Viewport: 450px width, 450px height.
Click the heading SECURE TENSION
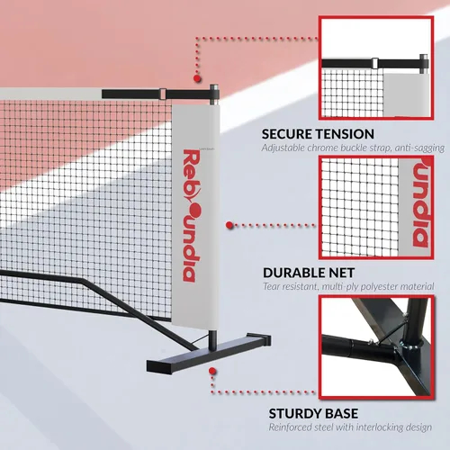(318, 134)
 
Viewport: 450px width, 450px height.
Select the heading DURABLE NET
(309, 273)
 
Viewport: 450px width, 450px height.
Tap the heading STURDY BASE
(313, 413)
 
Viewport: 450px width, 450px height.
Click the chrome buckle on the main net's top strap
(163, 94)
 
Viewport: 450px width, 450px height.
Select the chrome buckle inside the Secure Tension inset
(374, 63)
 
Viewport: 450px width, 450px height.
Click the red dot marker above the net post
(197, 78)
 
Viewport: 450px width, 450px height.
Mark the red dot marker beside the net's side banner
(229, 225)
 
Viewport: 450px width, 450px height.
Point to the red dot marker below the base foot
(212, 371)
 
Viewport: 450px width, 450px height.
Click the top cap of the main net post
(214, 87)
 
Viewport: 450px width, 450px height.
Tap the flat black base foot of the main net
(209, 353)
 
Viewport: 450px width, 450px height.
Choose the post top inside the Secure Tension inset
(424, 57)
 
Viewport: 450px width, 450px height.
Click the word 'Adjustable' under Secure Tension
(283, 148)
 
